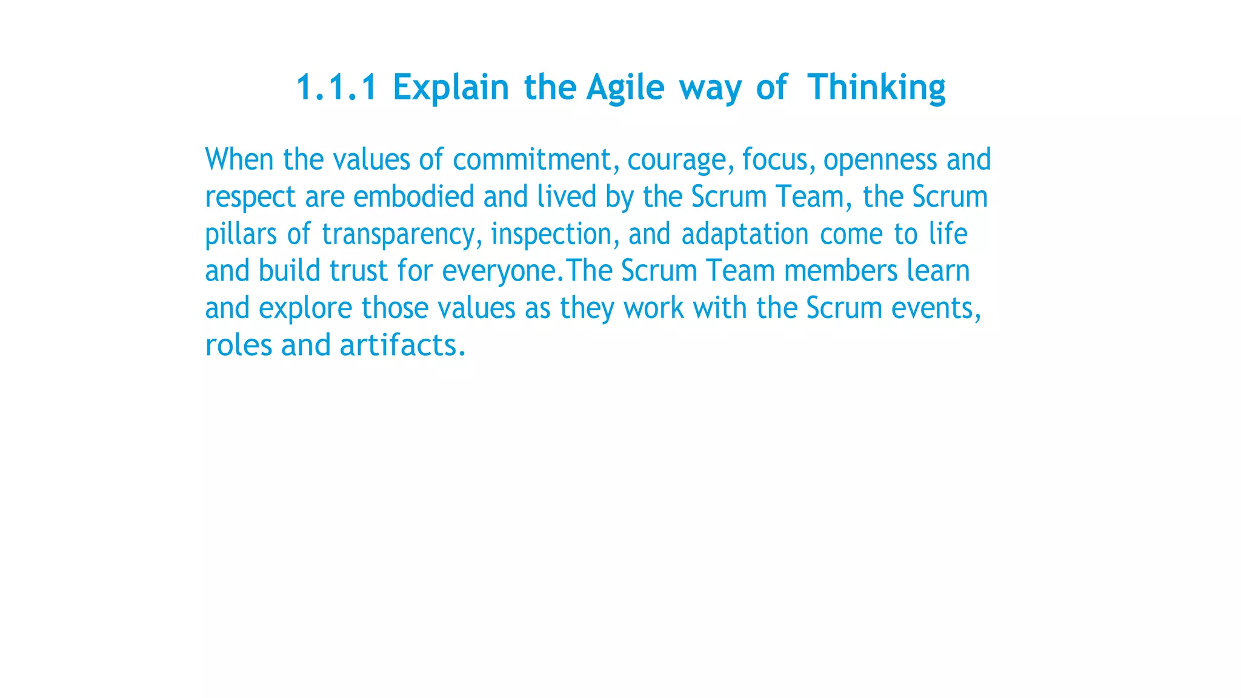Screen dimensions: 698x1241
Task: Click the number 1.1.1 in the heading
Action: pyautogui.click(x=336, y=87)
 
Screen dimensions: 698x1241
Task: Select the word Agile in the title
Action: pyautogui.click(x=625, y=87)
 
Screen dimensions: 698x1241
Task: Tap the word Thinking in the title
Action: pyautogui.click(x=876, y=87)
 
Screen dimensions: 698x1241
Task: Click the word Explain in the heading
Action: pyautogui.click(x=451, y=87)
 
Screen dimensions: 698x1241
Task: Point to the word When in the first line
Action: pyautogui.click(x=239, y=159)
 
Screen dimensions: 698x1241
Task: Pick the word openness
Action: pyautogui.click(x=880, y=159)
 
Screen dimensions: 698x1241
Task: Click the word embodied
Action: pyautogui.click(x=413, y=196)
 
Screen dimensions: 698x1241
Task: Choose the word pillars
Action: pyautogui.click(x=241, y=234)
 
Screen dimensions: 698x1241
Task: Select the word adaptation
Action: pyautogui.click(x=745, y=234)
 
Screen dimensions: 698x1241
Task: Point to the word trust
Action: pyautogui.click(x=358, y=271)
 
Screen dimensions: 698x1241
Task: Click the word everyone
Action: pyautogui.click(x=499, y=271)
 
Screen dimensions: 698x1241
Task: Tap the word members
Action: pyautogui.click(x=840, y=271)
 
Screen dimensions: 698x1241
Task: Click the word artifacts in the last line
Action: pyautogui.click(x=402, y=345)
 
